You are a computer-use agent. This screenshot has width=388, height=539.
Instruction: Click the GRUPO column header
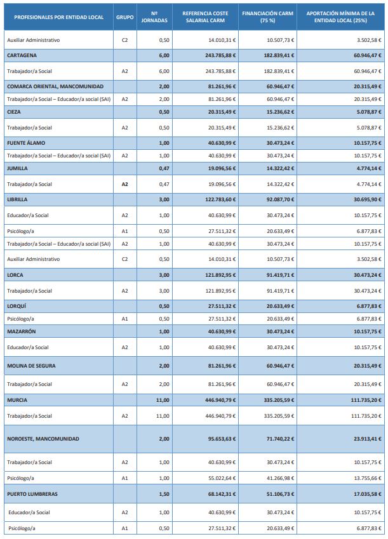click(x=124, y=16)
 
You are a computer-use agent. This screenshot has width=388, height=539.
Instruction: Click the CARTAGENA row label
click(x=22, y=55)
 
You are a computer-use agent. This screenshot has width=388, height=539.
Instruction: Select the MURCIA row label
click(x=17, y=400)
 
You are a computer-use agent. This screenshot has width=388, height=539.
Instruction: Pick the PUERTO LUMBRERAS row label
click(x=32, y=493)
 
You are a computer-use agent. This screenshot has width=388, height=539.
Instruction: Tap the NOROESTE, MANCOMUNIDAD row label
click(x=43, y=439)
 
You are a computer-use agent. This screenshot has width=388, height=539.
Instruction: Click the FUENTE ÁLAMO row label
click(x=26, y=143)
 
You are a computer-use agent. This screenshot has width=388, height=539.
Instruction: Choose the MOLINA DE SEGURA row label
click(x=34, y=366)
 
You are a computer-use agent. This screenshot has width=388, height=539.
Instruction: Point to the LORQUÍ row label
click(x=18, y=305)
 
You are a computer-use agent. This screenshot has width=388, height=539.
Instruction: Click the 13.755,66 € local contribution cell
click(x=367, y=477)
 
